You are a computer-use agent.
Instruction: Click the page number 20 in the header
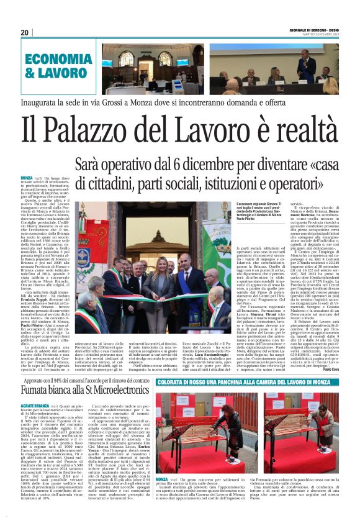coord(24,32)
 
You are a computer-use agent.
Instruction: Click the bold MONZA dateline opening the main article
coord(27,178)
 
